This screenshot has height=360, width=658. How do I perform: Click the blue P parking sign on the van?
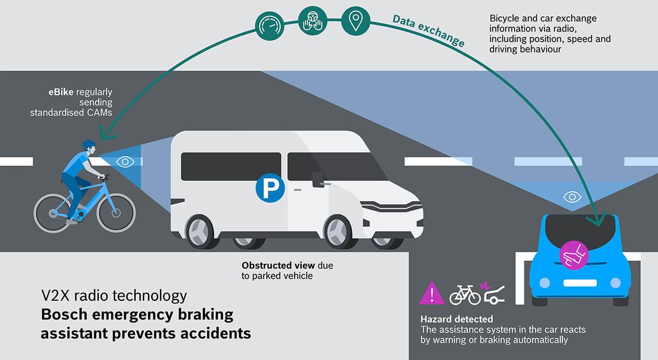270,188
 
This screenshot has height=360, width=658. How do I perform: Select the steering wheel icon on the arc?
312,20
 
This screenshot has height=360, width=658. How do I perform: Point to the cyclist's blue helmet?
88,145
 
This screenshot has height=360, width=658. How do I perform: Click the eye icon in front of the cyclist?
124,161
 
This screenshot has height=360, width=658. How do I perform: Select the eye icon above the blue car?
572,196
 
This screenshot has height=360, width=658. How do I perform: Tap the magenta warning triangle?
432,293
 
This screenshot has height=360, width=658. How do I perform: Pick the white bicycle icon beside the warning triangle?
465,295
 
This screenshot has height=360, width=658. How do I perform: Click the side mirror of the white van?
318,179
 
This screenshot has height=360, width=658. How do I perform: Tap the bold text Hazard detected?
456,319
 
